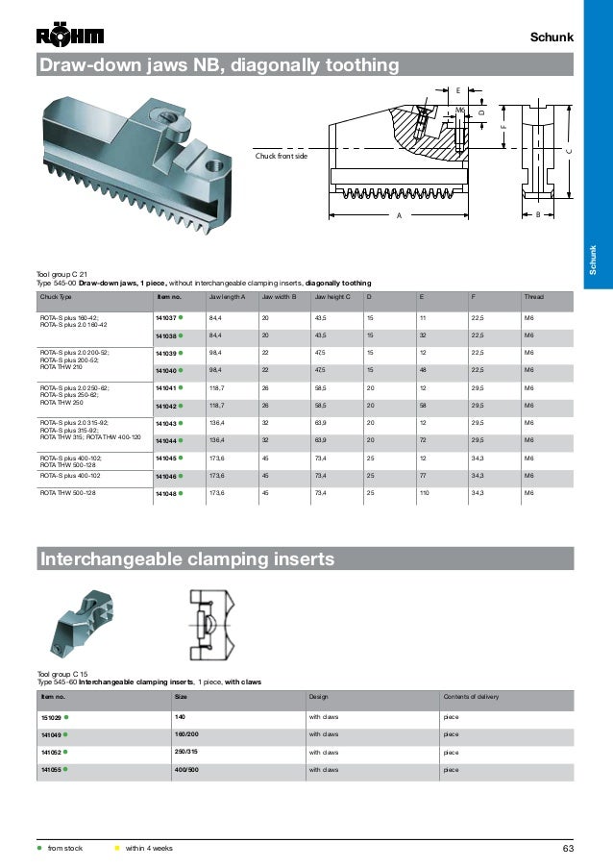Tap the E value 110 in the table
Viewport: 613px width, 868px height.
pos(424,493)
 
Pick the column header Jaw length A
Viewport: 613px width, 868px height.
pos(228,297)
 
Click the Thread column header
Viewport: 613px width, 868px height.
pos(531,297)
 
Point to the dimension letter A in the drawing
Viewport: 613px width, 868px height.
pos(399,215)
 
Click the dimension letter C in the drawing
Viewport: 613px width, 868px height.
pos(568,151)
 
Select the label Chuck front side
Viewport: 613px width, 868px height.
pos(281,155)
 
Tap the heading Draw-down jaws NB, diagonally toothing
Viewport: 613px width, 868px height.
pos(218,65)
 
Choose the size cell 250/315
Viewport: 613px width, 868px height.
pos(186,752)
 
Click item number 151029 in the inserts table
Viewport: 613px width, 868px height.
pos(52,717)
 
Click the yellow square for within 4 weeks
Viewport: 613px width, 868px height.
pos(117,847)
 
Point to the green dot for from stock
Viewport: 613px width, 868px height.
pos(39,847)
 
